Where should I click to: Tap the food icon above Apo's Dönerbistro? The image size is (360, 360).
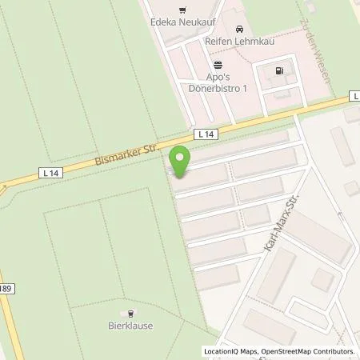217,66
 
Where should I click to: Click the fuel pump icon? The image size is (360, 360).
278,70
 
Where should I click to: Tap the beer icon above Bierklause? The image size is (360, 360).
133,314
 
